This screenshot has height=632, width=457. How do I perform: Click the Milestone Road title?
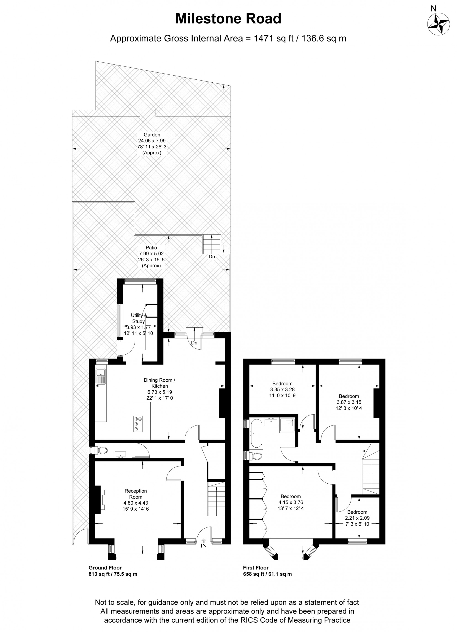[228, 19]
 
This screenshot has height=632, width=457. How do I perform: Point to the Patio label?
[151, 247]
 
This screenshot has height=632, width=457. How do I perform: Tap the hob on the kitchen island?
[138, 424]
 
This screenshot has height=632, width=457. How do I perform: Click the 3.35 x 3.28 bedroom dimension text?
[282, 389]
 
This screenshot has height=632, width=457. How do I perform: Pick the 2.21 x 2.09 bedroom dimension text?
[357, 518]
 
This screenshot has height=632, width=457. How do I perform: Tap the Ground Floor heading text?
[105, 568]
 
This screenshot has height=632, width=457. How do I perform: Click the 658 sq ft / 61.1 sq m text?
[267, 574]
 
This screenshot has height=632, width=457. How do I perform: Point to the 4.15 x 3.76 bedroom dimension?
[291, 502]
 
